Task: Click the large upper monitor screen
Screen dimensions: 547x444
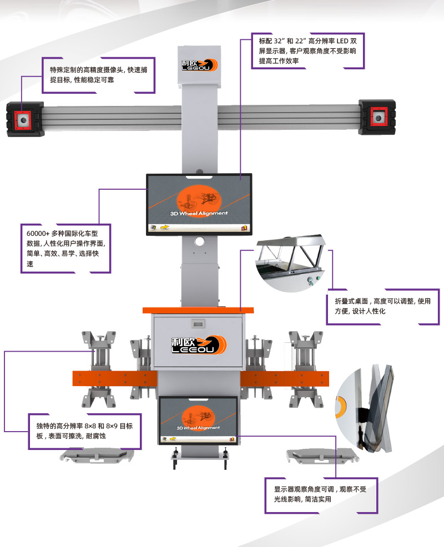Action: click(x=199, y=204)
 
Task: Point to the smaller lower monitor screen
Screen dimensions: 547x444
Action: click(x=198, y=420)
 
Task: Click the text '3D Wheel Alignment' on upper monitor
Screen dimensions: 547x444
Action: click(x=199, y=213)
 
